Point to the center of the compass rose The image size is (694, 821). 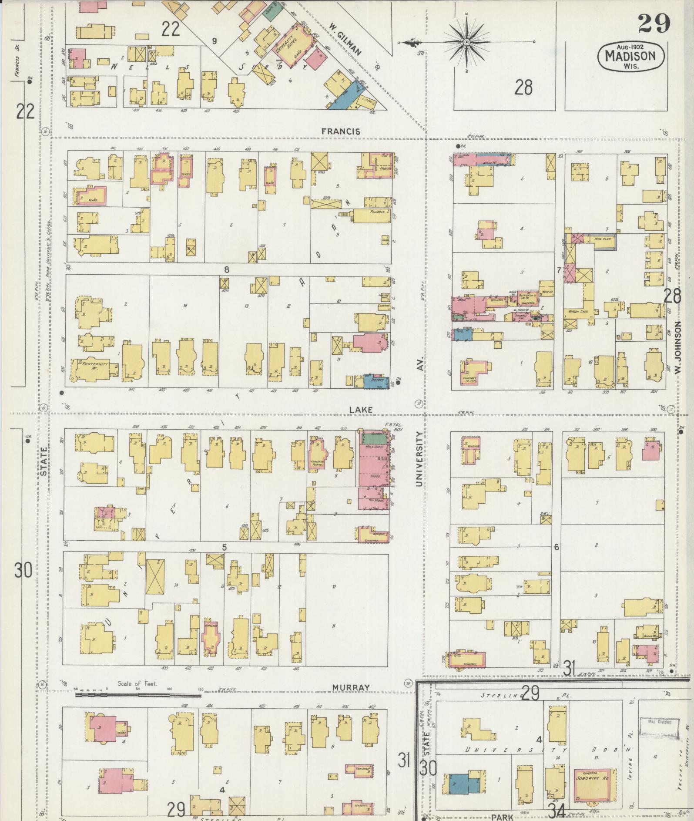click(x=466, y=42)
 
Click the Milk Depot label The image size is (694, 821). click(x=373, y=447)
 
